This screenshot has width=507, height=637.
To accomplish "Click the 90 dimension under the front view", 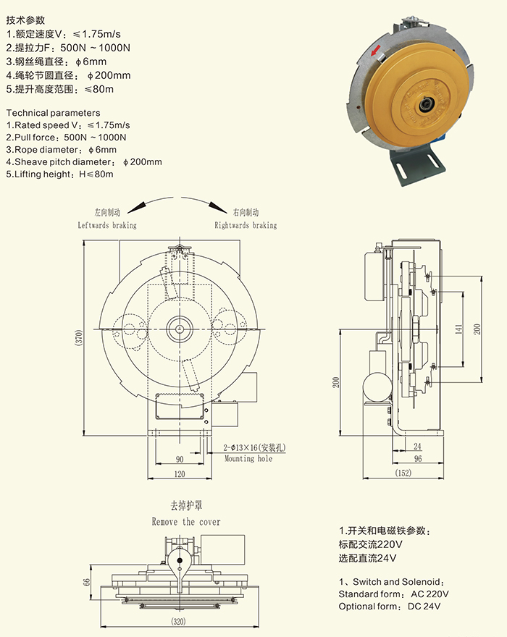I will click(x=179, y=460).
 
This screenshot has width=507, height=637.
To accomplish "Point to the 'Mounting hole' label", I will click(x=248, y=459).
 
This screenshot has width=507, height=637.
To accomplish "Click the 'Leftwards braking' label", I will click(x=107, y=225).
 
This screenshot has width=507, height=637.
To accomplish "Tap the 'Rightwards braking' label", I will click(x=246, y=225).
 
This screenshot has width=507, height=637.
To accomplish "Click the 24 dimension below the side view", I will click(x=417, y=447).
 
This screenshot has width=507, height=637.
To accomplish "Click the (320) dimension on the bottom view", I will click(x=180, y=621).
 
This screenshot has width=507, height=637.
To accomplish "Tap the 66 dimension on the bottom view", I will click(x=84, y=581).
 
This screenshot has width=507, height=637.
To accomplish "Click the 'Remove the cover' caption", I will click(x=186, y=521).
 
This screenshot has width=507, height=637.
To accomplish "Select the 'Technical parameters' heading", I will click(x=53, y=113).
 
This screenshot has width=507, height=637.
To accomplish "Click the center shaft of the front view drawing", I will click(x=179, y=329).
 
